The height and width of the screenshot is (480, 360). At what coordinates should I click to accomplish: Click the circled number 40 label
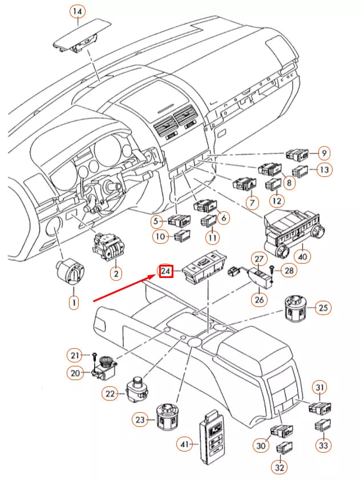302,257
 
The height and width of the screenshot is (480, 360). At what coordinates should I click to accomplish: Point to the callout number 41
183,442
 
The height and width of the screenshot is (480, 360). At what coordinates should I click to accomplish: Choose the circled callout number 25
323,309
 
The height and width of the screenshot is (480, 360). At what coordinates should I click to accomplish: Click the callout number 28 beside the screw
289,271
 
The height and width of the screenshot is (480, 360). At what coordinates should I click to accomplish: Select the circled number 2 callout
115,275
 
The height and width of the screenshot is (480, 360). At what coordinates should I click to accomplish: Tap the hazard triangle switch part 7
245,185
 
